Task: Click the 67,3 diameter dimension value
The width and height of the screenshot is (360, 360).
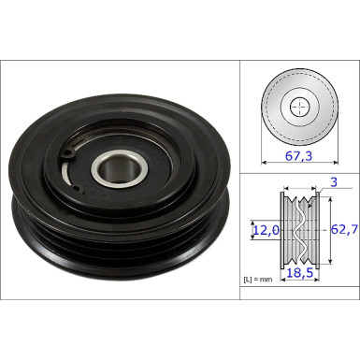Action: pos(298,157)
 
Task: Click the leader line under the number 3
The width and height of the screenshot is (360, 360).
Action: pos(323,191)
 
